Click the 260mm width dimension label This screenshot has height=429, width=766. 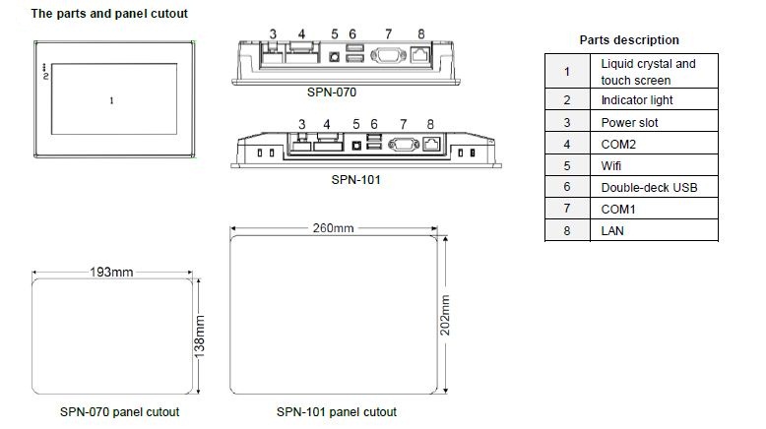333,228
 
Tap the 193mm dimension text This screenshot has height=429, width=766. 111,272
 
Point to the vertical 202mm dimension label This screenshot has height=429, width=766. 445,315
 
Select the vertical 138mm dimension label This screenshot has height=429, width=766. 199,337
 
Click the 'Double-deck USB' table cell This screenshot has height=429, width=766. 649,187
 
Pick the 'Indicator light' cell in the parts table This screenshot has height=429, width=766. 637,100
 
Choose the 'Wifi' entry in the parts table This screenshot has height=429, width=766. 611,166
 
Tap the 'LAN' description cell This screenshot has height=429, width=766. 612,231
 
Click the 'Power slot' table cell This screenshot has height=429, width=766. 629,123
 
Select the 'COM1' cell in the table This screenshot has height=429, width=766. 618,210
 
